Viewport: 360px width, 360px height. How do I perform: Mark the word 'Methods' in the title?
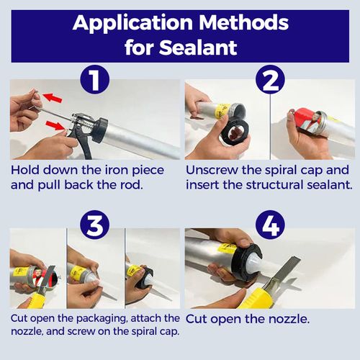click(243, 22)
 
